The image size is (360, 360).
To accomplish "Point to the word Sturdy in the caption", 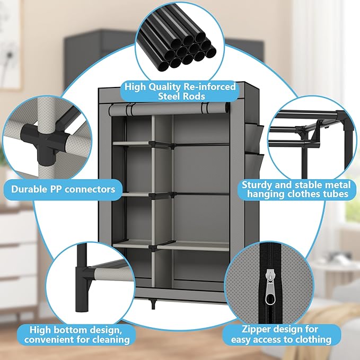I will coord(259,185).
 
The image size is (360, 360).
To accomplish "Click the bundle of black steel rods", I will coord(178,46).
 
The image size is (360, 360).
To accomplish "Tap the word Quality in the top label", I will coord(162,86).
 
